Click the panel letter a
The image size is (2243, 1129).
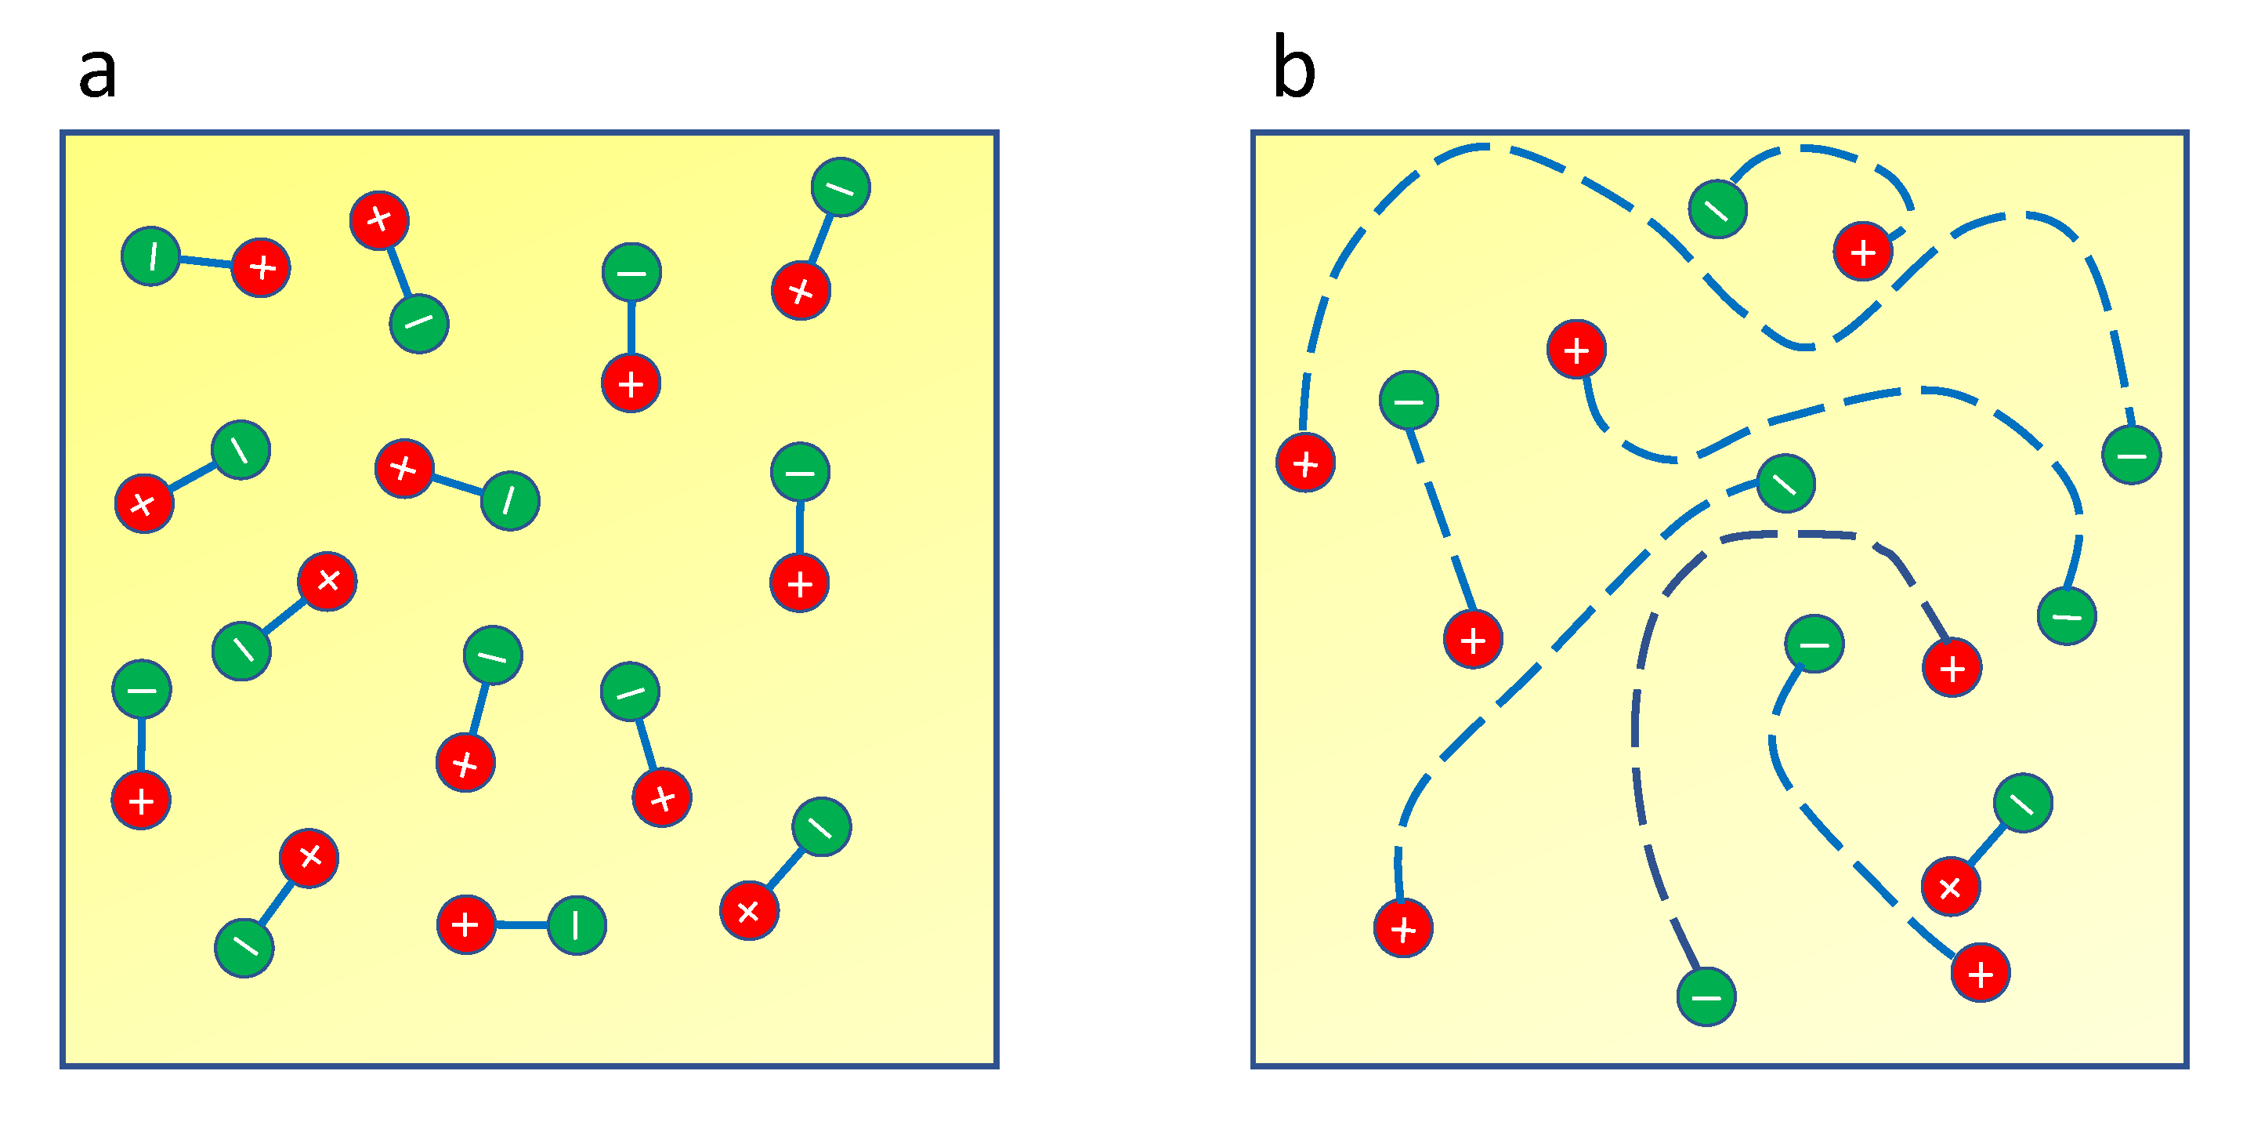96,72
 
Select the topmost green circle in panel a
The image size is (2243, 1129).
841,187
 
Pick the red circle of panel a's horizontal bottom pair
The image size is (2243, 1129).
466,924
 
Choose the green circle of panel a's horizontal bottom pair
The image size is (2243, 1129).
577,924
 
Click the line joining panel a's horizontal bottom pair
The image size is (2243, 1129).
521,924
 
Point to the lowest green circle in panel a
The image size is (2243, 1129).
244,947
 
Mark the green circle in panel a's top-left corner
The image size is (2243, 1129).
151,256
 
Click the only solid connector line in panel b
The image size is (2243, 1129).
1987,844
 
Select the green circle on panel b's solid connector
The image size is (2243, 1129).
2023,802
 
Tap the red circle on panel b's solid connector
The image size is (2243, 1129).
1951,887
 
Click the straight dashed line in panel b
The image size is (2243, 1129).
1441,520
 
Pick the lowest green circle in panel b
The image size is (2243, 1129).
1706,996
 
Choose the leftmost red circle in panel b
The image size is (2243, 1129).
1305,463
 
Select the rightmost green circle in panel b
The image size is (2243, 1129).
2131,455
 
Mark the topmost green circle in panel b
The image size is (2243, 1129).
1717,209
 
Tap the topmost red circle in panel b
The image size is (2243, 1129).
1862,252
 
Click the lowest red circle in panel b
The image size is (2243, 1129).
1980,972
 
